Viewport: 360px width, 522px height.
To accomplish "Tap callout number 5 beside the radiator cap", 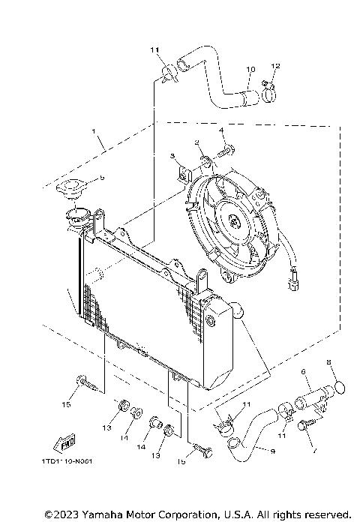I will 101,178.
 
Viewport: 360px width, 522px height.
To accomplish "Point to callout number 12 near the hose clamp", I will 274,67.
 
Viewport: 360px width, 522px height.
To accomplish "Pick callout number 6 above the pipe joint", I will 303,371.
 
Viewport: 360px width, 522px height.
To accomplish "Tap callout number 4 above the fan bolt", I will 221,130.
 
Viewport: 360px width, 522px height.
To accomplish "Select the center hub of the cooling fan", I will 235,222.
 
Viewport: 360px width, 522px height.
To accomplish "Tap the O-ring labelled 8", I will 338,388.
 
